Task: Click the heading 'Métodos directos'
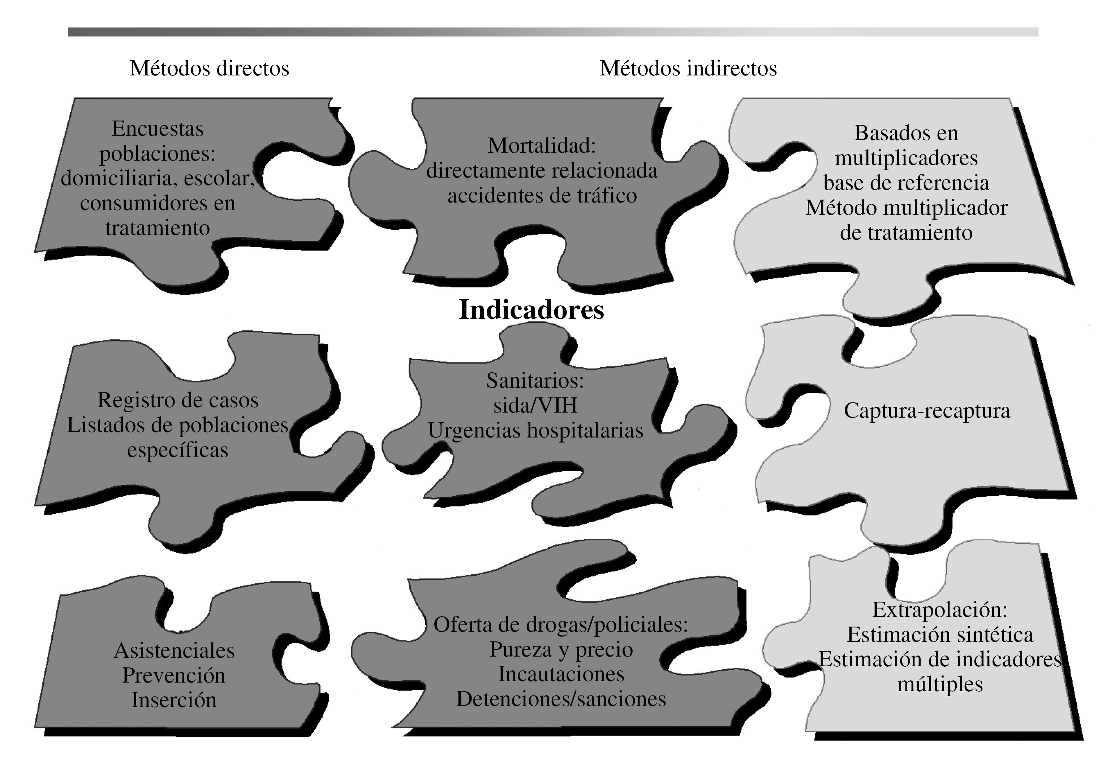pyautogui.click(x=209, y=68)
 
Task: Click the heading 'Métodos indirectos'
pyautogui.click(x=688, y=68)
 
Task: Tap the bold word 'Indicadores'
pyautogui.click(x=531, y=309)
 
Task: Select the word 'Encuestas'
pyautogui.click(x=158, y=128)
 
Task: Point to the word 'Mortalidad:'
pyautogui.click(x=542, y=146)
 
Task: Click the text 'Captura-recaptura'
pyautogui.click(x=927, y=410)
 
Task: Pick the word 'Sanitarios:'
pyautogui.click(x=535, y=381)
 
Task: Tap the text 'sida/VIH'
pyautogui.click(x=535, y=406)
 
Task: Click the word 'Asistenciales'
pyautogui.click(x=174, y=650)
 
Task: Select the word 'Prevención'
pyautogui.click(x=174, y=676)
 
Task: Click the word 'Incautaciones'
pyautogui.click(x=561, y=674)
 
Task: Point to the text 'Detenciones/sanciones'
pyautogui.click(x=561, y=699)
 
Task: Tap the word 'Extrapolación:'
pyautogui.click(x=939, y=610)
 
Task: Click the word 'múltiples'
pyautogui.click(x=940, y=684)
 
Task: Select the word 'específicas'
pyautogui.click(x=177, y=450)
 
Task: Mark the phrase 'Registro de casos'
pyautogui.click(x=177, y=400)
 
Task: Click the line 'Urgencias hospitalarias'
pyautogui.click(x=535, y=431)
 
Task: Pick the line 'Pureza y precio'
pyautogui.click(x=561, y=650)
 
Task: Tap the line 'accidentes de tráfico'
pyautogui.click(x=542, y=196)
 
